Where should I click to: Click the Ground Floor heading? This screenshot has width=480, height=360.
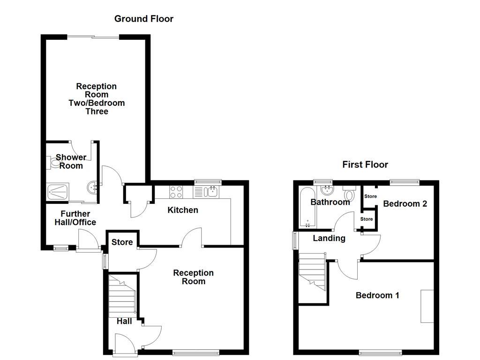point(144,19)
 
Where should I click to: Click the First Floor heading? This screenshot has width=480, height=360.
point(365,165)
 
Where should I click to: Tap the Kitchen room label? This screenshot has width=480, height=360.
point(183,210)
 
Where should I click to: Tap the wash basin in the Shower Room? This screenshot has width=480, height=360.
point(92,188)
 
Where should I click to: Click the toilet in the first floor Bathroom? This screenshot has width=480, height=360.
point(349,193)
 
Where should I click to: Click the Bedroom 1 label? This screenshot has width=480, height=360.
point(377,295)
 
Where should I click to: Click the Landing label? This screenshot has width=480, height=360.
point(329,238)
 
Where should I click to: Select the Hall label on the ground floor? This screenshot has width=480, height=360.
point(124,321)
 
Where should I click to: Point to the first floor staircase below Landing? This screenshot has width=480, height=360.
point(312,272)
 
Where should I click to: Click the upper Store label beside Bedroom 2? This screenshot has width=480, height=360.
point(370,196)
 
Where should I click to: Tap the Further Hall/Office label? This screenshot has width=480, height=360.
point(75,218)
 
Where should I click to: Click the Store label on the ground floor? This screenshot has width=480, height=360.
point(122,242)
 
